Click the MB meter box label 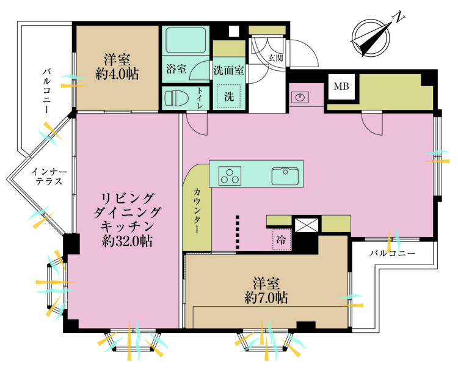point(341,87)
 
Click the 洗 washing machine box point(228,96)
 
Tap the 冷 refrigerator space point(282,239)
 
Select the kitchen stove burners point(231,175)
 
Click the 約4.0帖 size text point(117,75)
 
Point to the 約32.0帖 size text point(128,241)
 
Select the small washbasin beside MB point(300,97)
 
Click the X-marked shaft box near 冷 point(306,224)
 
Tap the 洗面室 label point(229,70)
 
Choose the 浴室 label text point(176,69)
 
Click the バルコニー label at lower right point(393,253)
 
